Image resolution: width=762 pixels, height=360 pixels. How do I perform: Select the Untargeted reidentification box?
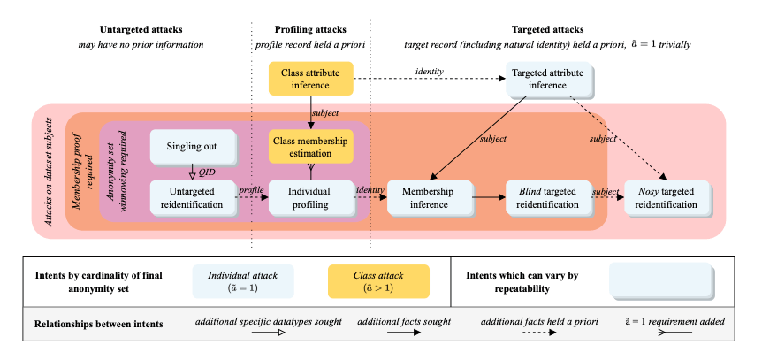tap(191, 197)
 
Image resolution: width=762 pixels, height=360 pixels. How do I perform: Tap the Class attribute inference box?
tap(309, 79)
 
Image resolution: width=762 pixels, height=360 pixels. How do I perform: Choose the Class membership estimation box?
tap(309, 147)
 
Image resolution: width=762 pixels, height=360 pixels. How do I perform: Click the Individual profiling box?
tap(309, 197)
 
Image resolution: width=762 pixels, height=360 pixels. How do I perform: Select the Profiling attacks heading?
tap(309, 30)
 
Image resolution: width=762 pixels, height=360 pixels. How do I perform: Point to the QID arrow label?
tap(208, 172)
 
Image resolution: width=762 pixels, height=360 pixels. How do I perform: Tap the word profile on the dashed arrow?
tap(251, 188)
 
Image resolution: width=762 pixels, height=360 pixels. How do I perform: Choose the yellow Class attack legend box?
tap(377, 282)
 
